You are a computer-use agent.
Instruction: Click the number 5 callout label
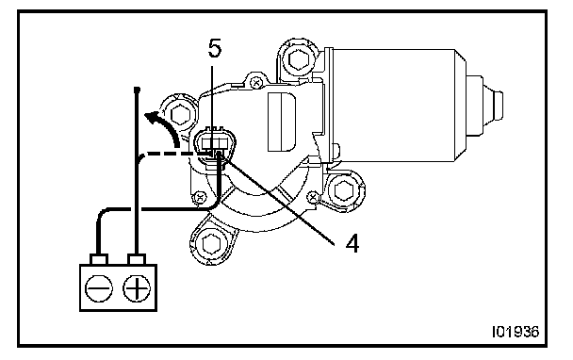(x=215, y=48)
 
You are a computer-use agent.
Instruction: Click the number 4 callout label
(x=352, y=243)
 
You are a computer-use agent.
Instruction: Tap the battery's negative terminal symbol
(x=99, y=288)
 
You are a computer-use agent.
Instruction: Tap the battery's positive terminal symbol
(x=137, y=288)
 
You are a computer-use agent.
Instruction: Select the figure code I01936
(x=516, y=332)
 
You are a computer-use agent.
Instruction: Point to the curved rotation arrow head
(x=152, y=118)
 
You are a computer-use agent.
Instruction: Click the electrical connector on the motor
(x=215, y=144)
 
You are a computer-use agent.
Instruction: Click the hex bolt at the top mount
(x=300, y=58)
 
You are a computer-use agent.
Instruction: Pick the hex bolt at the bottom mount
(x=211, y=244)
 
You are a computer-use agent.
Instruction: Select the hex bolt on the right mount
(x=343, y=190)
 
